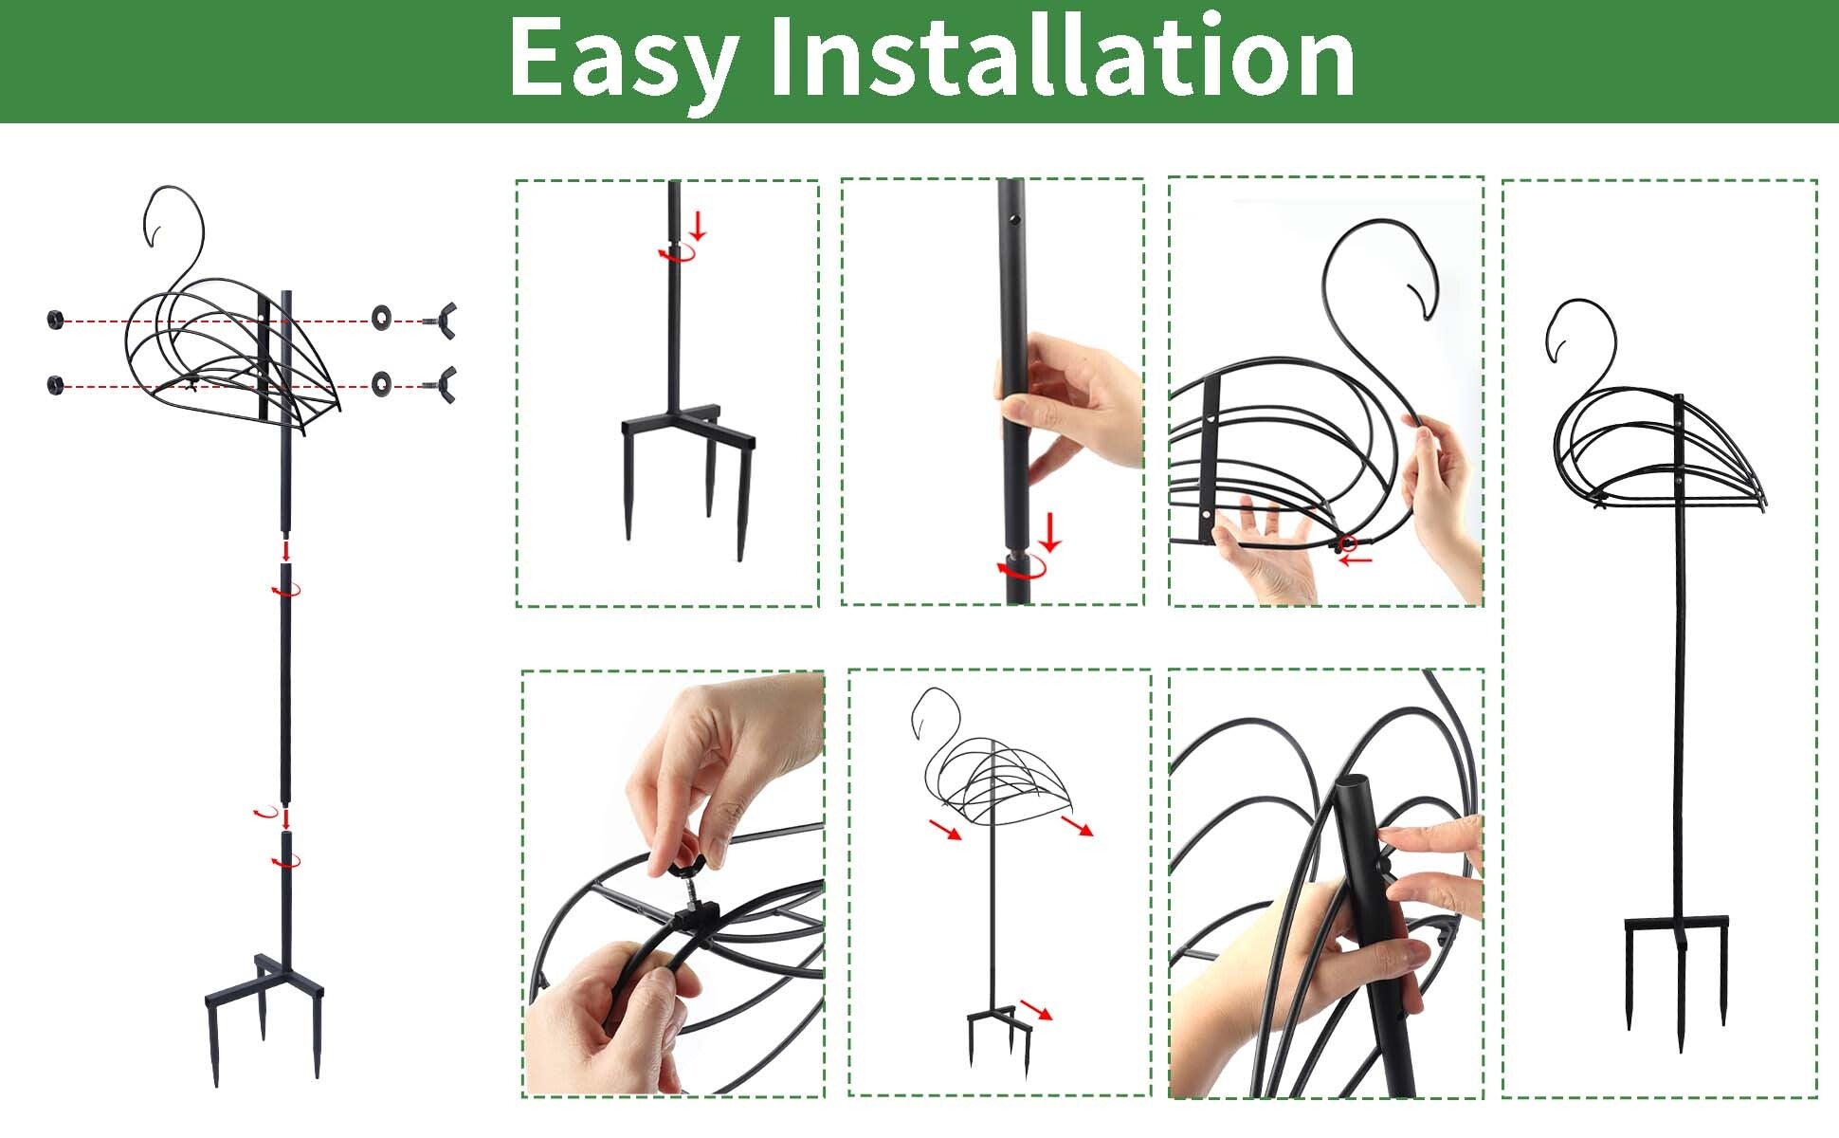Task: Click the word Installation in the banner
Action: point(1062,59)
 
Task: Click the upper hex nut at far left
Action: point(55,320)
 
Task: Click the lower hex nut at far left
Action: point(55,385)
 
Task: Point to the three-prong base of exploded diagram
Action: point(264,1005)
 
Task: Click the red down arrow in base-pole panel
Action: point(699,226)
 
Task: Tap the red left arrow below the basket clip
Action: point(1356,560)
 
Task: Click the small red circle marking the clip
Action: point(1348,543)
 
